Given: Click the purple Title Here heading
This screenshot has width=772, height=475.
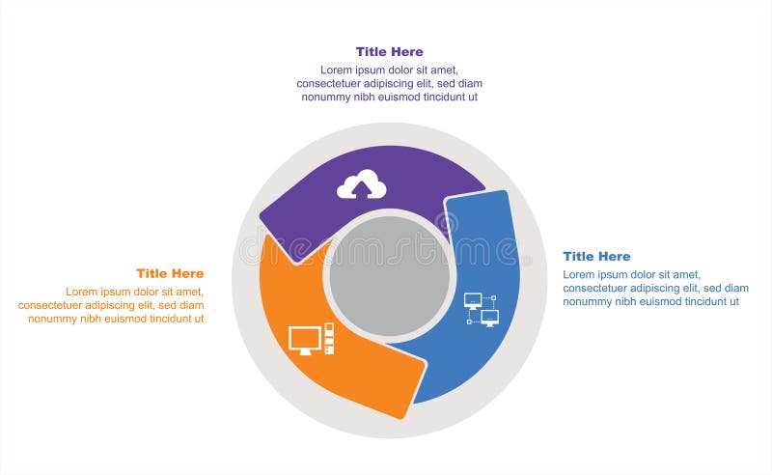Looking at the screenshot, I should click(389, 52).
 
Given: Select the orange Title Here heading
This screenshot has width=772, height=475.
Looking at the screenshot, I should click(170, 273).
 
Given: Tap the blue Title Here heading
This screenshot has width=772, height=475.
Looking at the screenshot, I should click(596, 256).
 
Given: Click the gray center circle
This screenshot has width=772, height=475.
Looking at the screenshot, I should click(389, 275).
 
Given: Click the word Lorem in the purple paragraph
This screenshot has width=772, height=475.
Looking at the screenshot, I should click(337, 70).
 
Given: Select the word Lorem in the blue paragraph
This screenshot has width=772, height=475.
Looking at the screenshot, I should click(579, 274).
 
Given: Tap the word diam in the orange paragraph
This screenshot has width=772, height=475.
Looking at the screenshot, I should click(192, 305).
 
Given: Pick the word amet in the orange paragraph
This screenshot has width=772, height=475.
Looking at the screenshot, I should click(187, 292).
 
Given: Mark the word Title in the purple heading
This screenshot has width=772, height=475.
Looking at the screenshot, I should click(372, 52).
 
